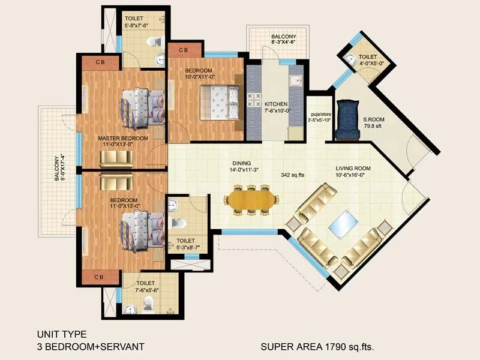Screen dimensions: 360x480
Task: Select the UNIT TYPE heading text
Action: [62, 334]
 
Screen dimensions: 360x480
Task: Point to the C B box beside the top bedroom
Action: [183, 50]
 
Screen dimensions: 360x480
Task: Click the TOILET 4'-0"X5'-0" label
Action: [367, 59]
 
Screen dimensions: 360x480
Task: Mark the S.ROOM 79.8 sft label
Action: [374, 123]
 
